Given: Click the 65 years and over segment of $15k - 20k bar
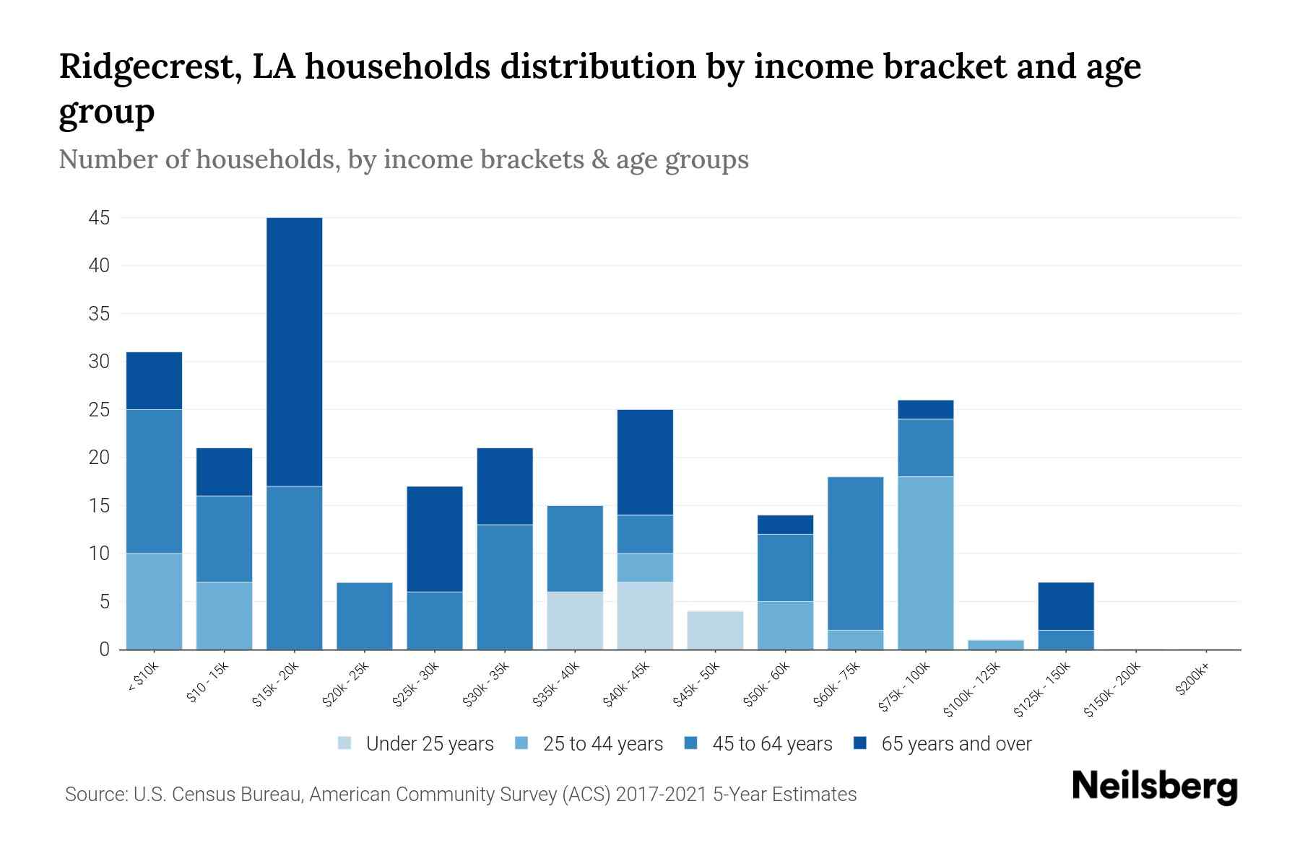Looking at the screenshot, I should click(294, 351).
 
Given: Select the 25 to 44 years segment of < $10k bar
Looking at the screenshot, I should click(154, 601).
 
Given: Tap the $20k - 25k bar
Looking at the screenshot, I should click(365, 616).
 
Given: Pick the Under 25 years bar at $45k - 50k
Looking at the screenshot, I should click(715, 630).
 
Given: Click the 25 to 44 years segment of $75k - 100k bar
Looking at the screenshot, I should click(925, 563).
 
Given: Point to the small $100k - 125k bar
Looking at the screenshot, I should click(995, 644).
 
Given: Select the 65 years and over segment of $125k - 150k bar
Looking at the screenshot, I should click(1065, 606).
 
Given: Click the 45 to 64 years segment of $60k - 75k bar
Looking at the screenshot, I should click(855, 554).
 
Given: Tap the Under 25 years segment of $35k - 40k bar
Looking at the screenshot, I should click(575, 621).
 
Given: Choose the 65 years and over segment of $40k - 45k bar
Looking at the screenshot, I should click(645, 462).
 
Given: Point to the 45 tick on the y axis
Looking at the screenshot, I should click(100, 218).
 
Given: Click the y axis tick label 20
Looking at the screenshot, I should click(100, 458).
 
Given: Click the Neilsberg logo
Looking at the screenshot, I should click(1154, 787).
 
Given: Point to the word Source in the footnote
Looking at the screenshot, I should click(95, 795).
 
